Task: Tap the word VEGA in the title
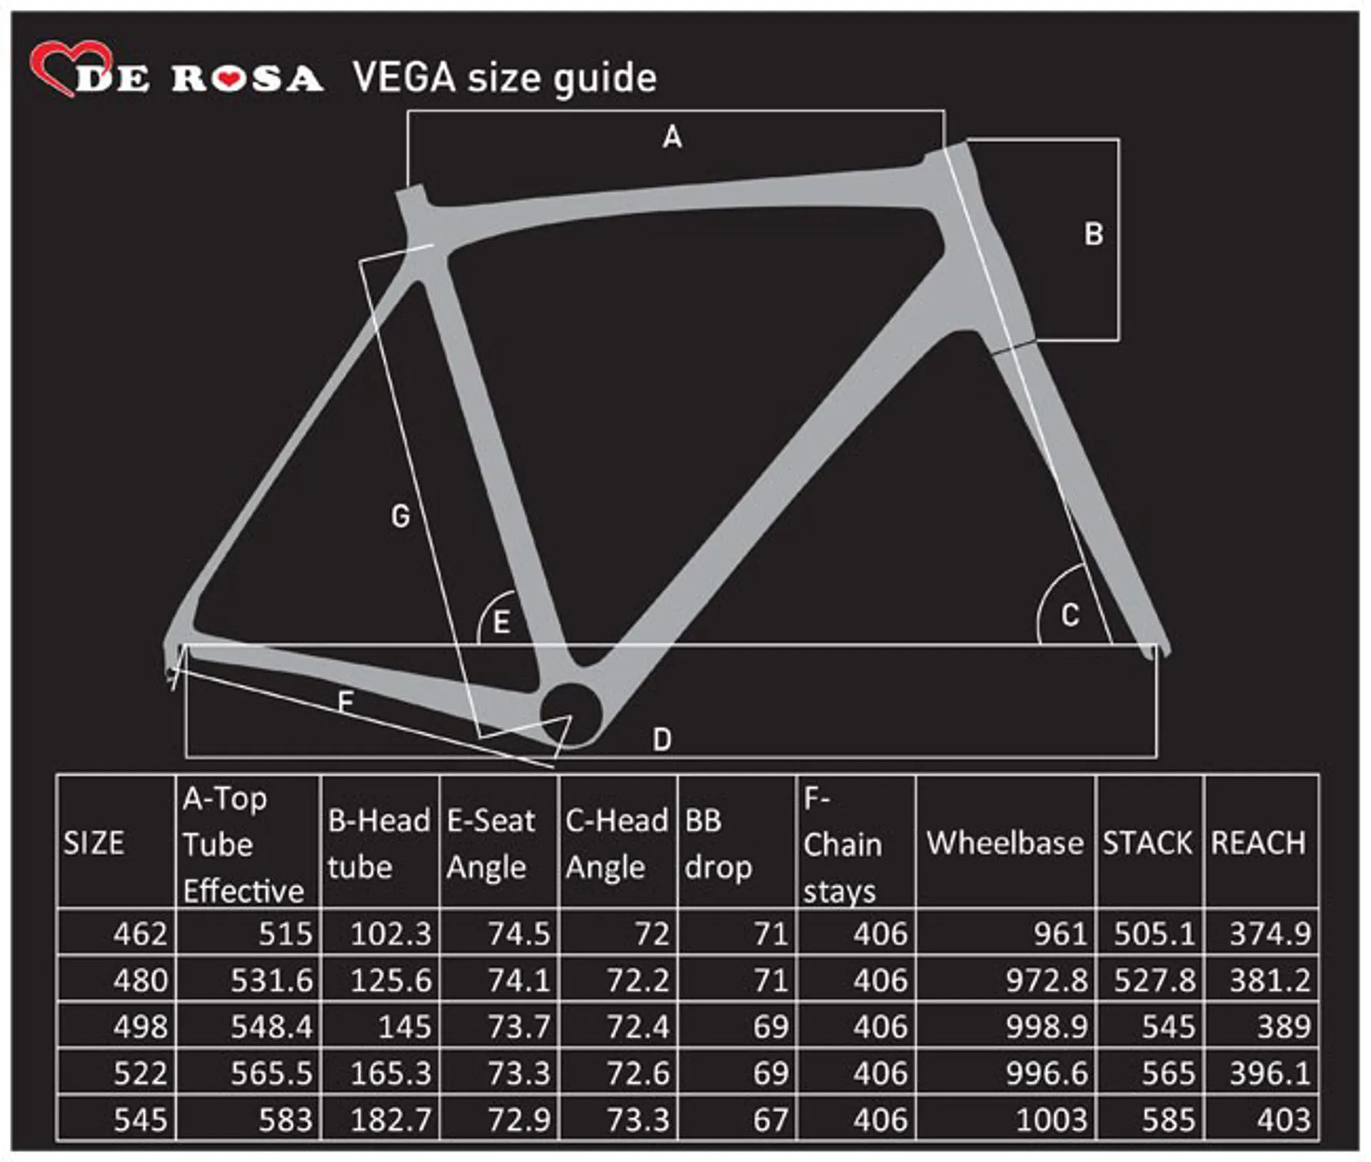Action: tap(404, 77)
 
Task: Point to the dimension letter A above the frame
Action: tap(672, 136)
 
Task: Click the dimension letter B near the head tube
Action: tap(1093, 234)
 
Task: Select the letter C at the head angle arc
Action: tap(1070, 615)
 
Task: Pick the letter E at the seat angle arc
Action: tap(501, 622)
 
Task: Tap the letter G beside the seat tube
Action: tap(401, 516)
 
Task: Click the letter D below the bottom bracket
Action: tap(662, 740)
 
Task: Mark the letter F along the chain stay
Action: tap(346, 701)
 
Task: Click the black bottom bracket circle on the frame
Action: tap(571, 713)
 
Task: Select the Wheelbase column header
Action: tap(1005, 843)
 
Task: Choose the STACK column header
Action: tap(1147, 843)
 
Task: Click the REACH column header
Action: tap(1258, 843)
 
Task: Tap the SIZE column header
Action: tap(94, 843)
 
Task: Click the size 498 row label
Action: tap(141, 1026)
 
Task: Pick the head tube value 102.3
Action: tap(391, 933)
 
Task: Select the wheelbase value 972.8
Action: tap(1047, 980)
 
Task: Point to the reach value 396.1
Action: tap(1270, 1073)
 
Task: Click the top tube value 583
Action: tap(286, 1119)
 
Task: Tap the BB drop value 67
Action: tap(771, 1119)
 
